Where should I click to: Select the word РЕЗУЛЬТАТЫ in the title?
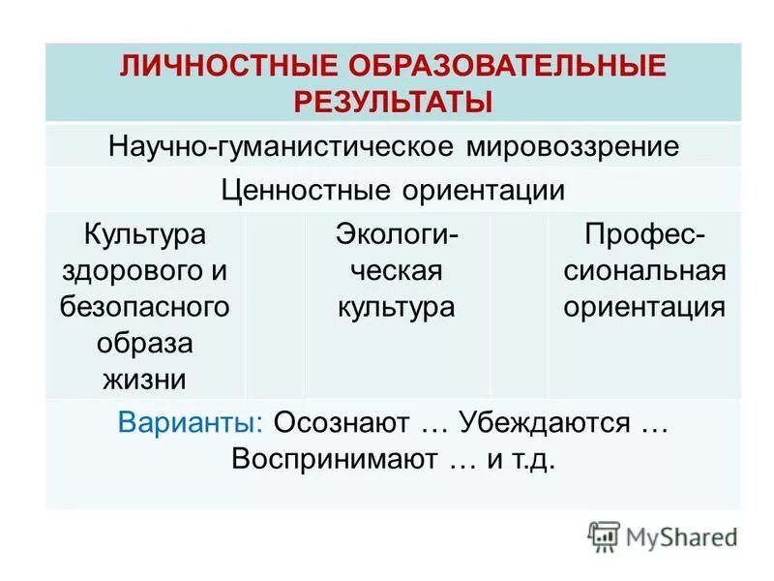pos(393,100)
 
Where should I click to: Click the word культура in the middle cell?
pos(396,307)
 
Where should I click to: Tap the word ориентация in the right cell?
pos(644,307)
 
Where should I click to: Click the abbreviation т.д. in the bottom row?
pos(535,459)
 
